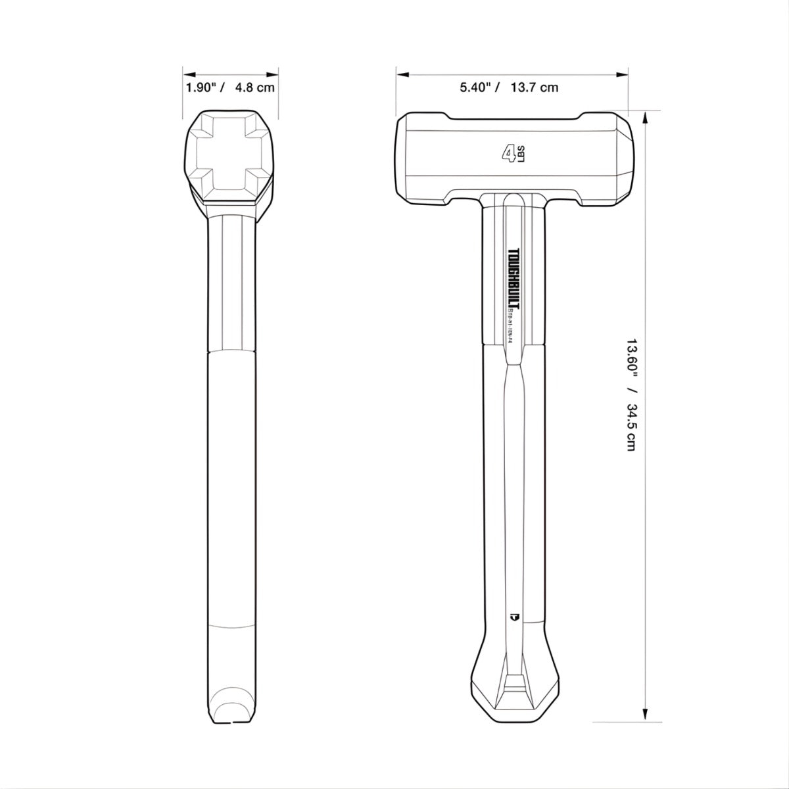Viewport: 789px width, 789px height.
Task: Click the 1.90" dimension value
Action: [201, 88]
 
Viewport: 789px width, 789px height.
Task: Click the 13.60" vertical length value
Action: [631, 358]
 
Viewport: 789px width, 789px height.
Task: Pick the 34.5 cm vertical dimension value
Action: [631, 427]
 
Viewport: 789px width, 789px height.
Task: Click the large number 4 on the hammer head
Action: [508, 154]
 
